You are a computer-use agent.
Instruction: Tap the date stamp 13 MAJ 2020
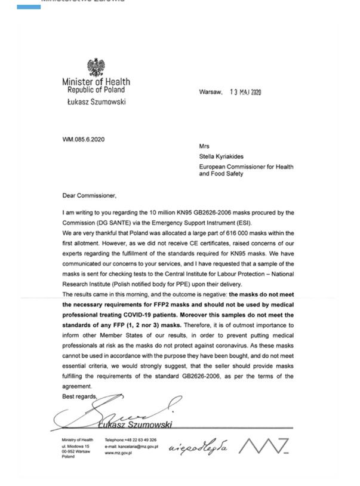pyautogui.click(x=245, y=93)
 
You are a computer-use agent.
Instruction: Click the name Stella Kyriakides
pyautogui.click(x=226, y=157)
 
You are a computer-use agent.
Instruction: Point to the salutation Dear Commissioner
pyautogui.click(x=89, y=195)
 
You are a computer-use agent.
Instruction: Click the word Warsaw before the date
pyautogui.click(x=210, y=93)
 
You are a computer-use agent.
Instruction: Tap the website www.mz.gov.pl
pyautogui.click(x=117, y=453)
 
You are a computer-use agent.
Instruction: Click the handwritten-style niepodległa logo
pyautogui.click(x=198, y=447)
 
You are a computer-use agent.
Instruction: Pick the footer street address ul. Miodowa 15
pyautogui.click(x=75, y=447)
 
